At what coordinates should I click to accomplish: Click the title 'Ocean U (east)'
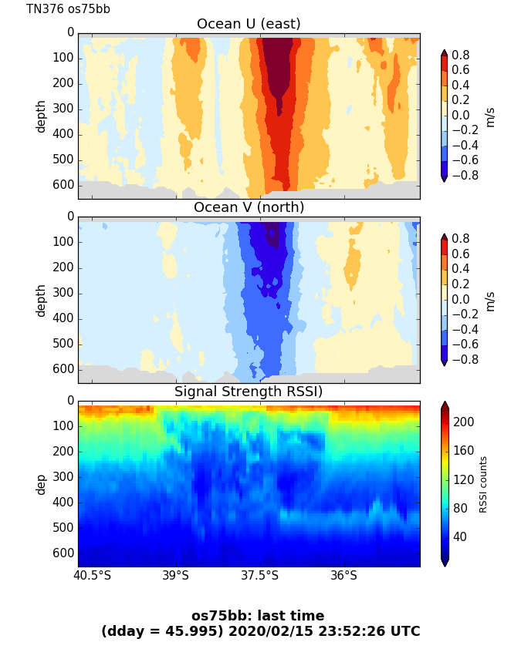tap(249, 24)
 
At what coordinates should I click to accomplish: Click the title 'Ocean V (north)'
tap(249, 207)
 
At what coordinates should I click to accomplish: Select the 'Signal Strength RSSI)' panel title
tap(249, 392)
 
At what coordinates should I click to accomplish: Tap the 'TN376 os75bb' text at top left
tap(68, 9)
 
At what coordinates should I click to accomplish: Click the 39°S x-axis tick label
tap(176, 576)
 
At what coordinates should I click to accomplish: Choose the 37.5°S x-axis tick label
tap(260, 576)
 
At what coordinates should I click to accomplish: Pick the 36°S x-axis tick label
tap(344, 576)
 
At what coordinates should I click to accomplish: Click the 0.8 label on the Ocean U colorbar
tap(461, 55)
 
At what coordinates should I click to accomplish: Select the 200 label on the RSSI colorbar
tap(464, 422)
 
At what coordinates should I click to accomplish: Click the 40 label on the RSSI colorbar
tap(461, 536)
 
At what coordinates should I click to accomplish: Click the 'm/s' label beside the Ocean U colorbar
tap(489, 116)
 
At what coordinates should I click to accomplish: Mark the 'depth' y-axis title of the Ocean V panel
tap(41, 300)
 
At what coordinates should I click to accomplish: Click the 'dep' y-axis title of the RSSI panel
tap(41, 484)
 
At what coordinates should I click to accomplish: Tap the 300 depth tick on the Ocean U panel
tap(65, 109)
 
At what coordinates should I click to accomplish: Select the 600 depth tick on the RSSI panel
tap(65, 553)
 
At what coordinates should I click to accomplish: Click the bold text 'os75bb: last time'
tap(258, 616)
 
